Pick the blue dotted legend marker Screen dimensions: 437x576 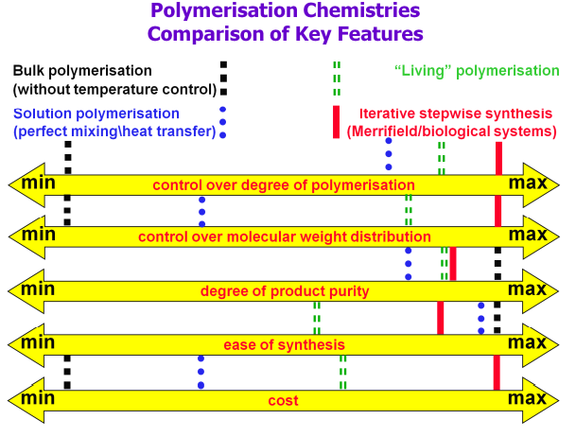[223, 122]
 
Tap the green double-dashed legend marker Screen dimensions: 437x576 [336, 71]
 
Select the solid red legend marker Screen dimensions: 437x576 [336, 122]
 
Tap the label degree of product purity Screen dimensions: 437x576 [284, 290]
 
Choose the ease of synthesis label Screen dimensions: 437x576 [284, 344]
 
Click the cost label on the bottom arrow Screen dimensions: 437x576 [283, 400]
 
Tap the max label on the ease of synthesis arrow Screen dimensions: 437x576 [527, 341]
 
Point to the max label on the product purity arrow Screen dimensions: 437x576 [527, 288]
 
